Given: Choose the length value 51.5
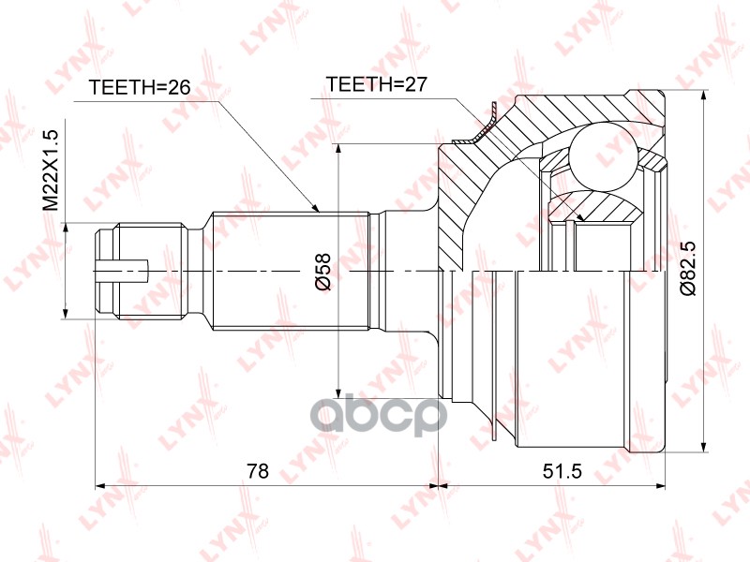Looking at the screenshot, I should (x=562, y=471).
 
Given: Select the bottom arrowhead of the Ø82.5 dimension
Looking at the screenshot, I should (x=705, y=448).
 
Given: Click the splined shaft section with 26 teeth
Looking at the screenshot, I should (x=291, y=271).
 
